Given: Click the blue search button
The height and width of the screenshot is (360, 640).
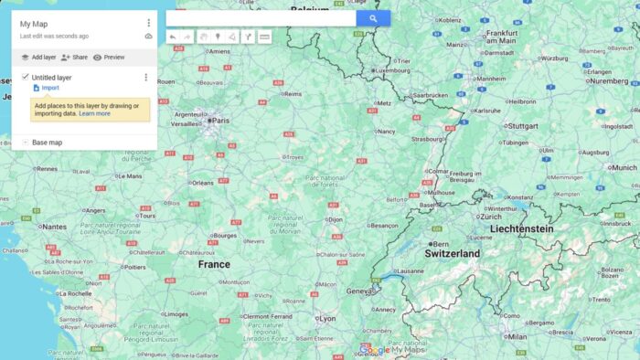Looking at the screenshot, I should tap(373, 18).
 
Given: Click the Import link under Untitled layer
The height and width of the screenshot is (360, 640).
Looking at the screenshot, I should tap(49, 88).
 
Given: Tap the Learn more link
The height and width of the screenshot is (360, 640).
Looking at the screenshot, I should tap(94, 113).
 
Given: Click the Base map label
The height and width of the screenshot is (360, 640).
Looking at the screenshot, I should tap(47, 143).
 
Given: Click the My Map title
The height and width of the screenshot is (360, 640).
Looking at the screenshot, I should tap(35, 24).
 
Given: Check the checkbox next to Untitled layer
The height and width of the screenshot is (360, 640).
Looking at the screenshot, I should tap(25, 78).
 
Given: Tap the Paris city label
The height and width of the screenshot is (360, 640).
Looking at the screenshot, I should tap(222, 120).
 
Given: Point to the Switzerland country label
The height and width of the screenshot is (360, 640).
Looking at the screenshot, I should tap(452, 253).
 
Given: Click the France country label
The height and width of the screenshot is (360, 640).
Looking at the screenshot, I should tap(214, 264).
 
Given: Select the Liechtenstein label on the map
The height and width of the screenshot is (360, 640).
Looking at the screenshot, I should tap(521, 228).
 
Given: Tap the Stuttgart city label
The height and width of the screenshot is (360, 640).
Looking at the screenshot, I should tap(522, 126).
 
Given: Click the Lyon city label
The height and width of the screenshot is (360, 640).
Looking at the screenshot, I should tap(326, 319).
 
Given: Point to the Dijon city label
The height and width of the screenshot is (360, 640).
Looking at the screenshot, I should tap(336, 219).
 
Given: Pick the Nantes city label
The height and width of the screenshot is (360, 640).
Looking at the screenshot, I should tap(54, 227).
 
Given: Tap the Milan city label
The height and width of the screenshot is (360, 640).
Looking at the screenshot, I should tap(517, 336).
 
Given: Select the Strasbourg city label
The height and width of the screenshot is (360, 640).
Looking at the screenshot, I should tap(427, 140).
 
